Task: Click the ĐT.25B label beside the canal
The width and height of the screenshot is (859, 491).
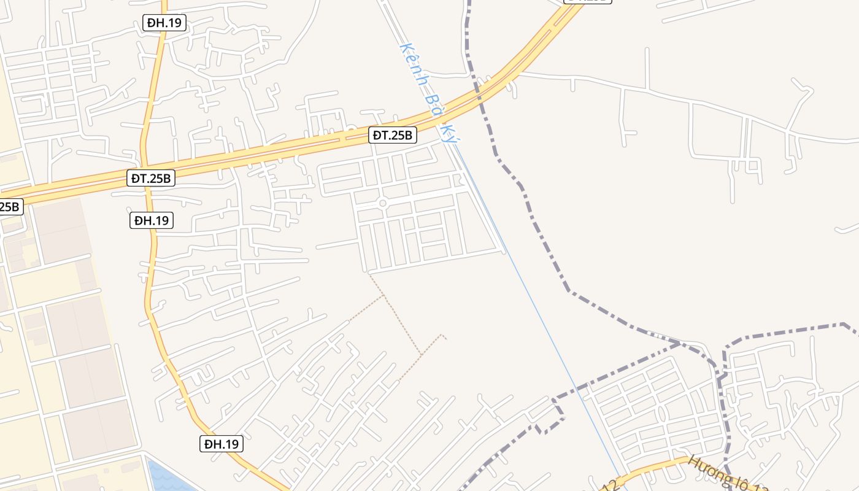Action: coord(393,135)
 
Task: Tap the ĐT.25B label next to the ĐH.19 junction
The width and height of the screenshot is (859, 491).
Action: coord(152,178)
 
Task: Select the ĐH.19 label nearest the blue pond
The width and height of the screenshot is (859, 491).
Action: coord(221,443)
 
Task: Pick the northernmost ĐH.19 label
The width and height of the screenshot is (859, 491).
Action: coord(164,23)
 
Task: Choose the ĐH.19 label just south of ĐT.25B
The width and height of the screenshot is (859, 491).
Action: coord(152,220)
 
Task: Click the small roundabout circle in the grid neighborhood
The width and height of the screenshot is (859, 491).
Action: coord(383,203)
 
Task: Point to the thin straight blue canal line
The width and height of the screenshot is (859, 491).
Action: coord(540,313)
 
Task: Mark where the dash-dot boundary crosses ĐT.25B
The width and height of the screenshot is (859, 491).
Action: coord(476,94)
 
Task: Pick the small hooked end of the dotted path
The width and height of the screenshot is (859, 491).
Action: coord(443,336)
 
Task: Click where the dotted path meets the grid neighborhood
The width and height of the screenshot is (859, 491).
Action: coord(368,273)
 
